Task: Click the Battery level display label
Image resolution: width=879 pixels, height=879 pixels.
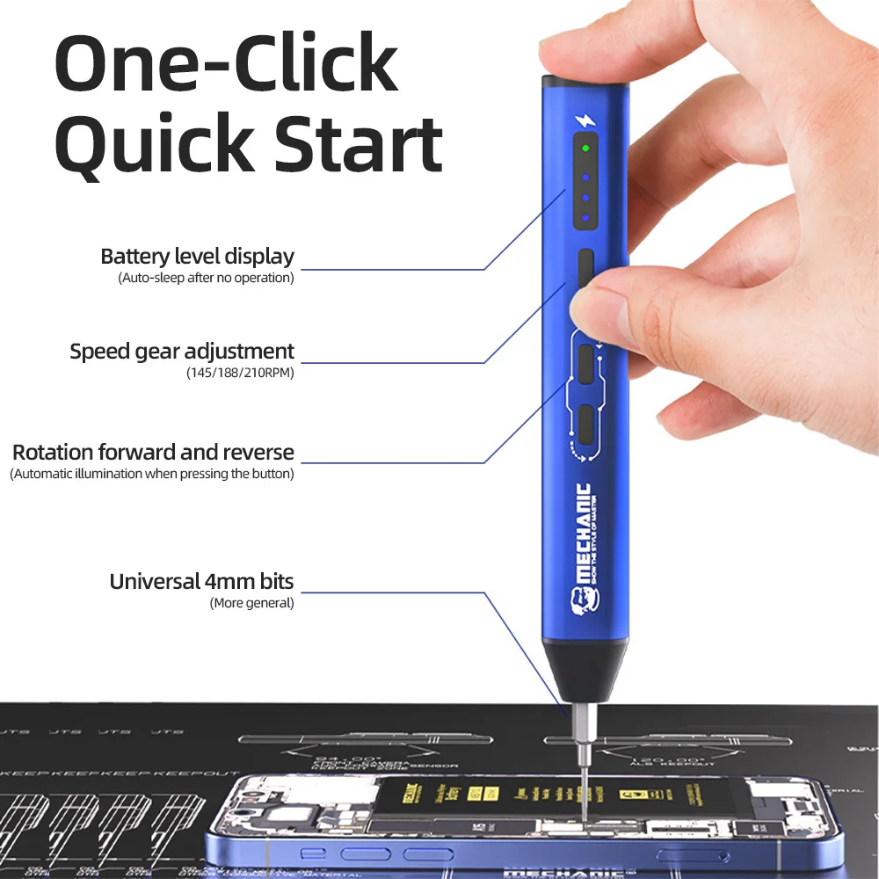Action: [x=197, y=257]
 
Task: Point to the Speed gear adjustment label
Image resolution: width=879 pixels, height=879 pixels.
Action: [x=182, y=352]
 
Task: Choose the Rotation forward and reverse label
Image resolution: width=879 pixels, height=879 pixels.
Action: [x=153, y=453]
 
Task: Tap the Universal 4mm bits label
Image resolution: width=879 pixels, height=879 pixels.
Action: [x=201, y=581]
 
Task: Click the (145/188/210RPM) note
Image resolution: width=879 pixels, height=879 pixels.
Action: [x=240, y=373]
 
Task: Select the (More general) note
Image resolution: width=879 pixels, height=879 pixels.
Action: [x=251, y=603]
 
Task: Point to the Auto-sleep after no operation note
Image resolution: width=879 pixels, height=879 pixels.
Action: [x=206, y=278]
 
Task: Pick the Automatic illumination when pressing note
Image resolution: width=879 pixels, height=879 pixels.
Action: [x=152, y=474]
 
